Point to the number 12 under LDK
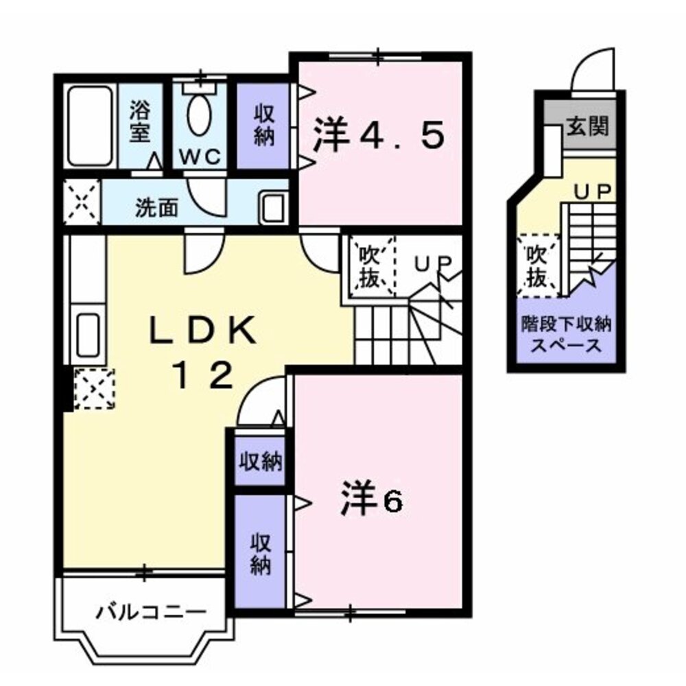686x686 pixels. (202, 375)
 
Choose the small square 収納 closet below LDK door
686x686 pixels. (260, 461)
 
